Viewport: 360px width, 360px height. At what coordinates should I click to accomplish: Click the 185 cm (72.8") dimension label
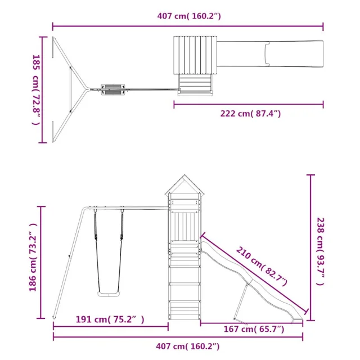(37, 90)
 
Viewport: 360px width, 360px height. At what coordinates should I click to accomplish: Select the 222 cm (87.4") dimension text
(250, 114)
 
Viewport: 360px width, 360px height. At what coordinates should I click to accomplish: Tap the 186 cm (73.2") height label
(33, 258)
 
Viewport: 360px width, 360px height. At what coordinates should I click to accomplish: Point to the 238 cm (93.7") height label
(320, 251)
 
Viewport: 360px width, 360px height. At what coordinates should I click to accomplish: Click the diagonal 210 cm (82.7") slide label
(262, 266)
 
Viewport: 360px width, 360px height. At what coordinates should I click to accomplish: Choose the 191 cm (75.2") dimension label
(110, 319)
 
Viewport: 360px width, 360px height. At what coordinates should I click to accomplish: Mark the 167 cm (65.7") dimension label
(254, 329)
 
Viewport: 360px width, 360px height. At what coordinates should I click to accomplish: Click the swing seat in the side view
(109, 294)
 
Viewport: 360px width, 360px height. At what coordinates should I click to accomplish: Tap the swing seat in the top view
(113, 89)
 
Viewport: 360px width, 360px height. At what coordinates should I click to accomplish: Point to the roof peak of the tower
(184, 175)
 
